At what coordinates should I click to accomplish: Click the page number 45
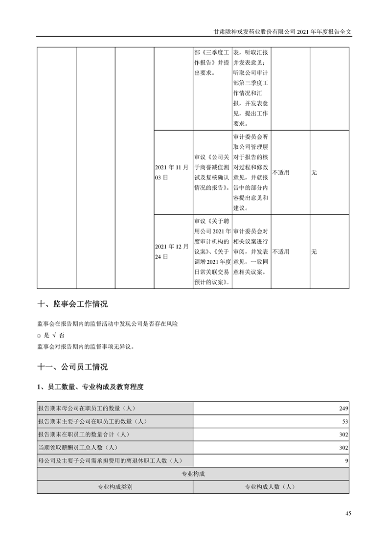(348, 513)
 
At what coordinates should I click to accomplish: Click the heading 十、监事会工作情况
(72, 304)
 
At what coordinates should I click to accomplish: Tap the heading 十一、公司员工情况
(72, 366)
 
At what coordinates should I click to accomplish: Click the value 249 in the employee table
(343, 408)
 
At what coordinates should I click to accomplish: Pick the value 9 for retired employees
(346, 460)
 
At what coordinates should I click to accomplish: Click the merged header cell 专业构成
(193, 474)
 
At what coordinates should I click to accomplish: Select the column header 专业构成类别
(115, 487)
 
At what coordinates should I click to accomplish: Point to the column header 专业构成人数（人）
(271, 487)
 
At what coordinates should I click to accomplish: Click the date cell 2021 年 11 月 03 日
(171, 172)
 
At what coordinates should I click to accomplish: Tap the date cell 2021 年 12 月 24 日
(171, 252)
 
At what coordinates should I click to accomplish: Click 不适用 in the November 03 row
(281, 172)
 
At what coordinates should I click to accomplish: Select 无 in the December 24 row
(314, 252)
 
